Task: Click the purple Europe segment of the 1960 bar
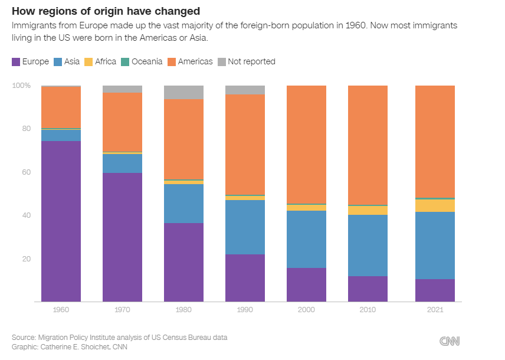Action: click(61, 221)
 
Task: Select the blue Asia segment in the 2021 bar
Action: click(435, 246)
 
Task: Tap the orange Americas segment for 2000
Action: click(306, 145)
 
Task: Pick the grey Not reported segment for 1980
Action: click(183, 92)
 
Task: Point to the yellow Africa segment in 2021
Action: click(435, 205)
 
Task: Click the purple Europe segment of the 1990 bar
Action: click(245, 278)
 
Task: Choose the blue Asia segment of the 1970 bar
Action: click(122, 163)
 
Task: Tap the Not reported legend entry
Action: click(247, 61)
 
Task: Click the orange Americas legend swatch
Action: click(172, 61)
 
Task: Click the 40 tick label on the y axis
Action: click(25, 215)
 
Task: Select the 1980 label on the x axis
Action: click(183, 310)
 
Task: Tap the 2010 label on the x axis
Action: click(368, 310)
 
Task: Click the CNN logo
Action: click(450, 341)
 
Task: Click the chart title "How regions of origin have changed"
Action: click(106, 11)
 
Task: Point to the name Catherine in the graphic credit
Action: click(58, 347)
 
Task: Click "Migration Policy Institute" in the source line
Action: click(83, 337)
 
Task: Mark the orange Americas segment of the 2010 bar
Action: click(368, 145)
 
